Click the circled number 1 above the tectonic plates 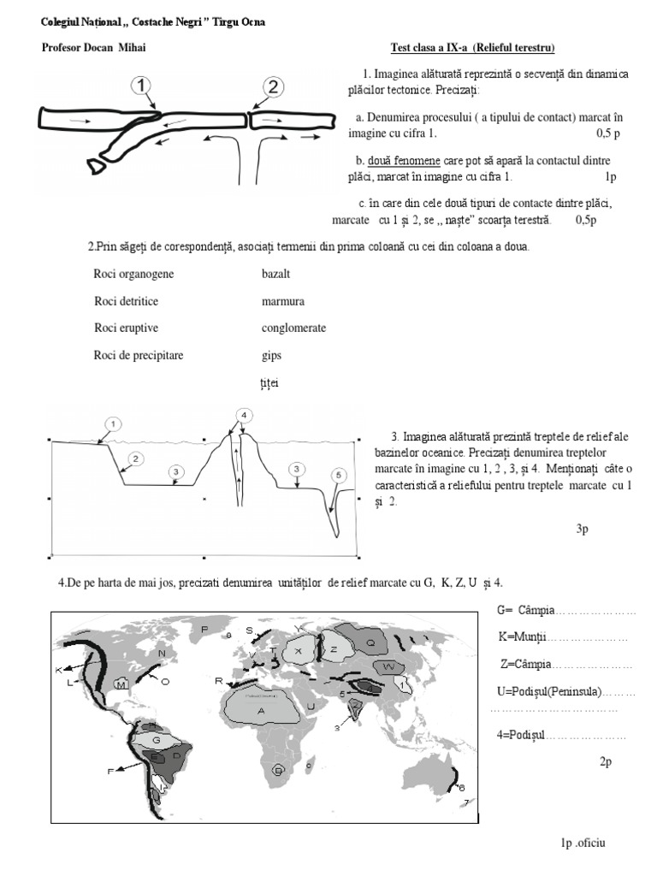tap(141, 85)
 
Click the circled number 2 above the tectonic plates tap(272, 86)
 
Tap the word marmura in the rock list tap(283, 302)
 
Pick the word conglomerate tap(293, 328)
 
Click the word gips tap(271, 355)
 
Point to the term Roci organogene tap(133, 275)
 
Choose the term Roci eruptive tap(126, 328)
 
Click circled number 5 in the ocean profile tap(339, 475)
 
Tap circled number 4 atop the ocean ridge tap(244, 416)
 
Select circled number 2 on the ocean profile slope tap(134, 459)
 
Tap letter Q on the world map tap(370, 642)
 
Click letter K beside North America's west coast tap(58, 669)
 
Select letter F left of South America tap(110, 772)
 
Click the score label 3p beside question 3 tap(583, 530)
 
